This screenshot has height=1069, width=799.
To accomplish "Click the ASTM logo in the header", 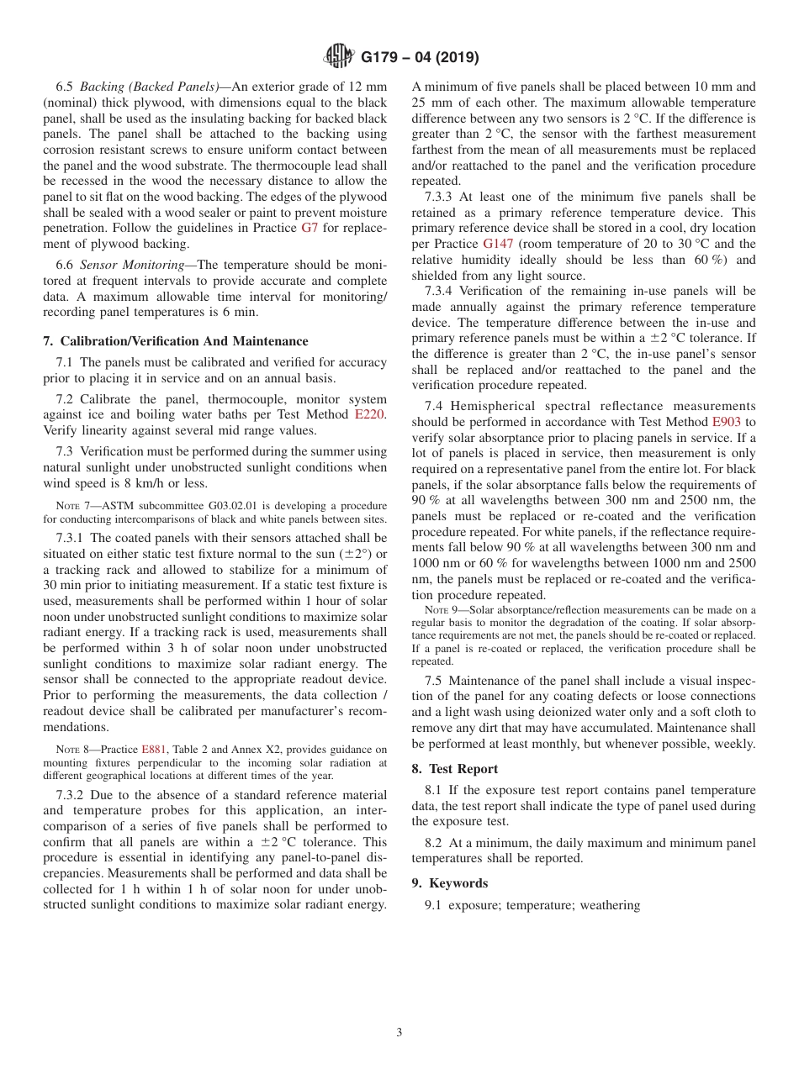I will coord(339,57).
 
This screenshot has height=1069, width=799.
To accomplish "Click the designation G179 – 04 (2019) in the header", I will coord(420,58).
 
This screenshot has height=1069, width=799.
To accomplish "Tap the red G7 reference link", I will coord(310,228).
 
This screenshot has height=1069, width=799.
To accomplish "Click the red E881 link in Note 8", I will coord(154,749).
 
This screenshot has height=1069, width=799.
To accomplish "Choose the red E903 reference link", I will coord(727,422).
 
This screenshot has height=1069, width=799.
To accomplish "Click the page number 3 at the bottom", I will coord(399,1033).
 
